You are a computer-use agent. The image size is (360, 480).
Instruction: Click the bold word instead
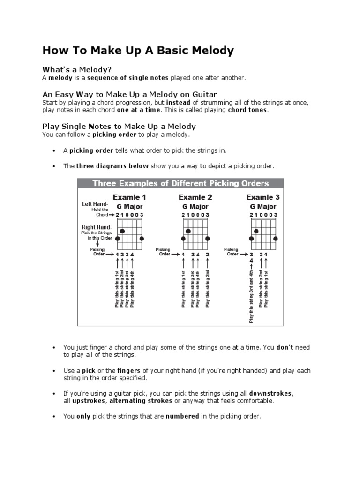click(178, 102)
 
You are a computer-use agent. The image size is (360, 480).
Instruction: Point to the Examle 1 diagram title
click(129, 197)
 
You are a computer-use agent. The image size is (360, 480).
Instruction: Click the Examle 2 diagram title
click(195, 197)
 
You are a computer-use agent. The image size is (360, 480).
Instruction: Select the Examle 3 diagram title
click(263, 197)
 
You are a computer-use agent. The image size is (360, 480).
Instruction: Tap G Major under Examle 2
click(195, 206)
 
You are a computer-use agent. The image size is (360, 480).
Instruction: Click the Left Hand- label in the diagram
click(95, 204)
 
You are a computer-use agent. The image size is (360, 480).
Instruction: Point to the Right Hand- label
click(96, 227)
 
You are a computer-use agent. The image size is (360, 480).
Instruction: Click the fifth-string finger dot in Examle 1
click(122, 231)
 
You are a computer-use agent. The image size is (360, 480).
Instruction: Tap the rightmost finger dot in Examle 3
click(276, 239)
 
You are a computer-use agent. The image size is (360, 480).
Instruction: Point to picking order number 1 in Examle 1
click(117, 255)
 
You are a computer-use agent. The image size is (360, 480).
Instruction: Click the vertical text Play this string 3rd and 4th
click(251, 296)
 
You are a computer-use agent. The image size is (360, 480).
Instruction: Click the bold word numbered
click(182, 416)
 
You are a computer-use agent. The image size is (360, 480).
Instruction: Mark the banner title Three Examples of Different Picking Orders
click(180, 183)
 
